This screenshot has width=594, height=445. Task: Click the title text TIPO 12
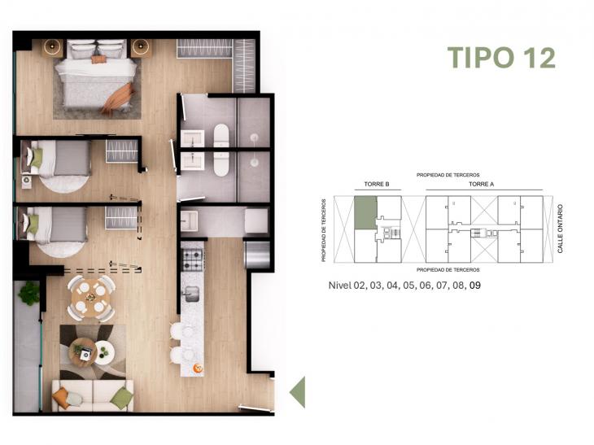pos(501,58)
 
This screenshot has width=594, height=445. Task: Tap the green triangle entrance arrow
pos(297,391)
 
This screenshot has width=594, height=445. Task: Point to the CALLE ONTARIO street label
pos(561,229)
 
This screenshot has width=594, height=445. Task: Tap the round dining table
pos(90,296)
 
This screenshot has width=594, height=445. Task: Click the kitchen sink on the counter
pos(192,293)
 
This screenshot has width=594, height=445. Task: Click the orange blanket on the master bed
pos(119,98)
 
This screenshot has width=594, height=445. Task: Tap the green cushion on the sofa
pos(121,397)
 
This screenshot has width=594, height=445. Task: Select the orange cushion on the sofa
pos(61,396)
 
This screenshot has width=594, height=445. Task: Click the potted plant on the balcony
pos(29,293)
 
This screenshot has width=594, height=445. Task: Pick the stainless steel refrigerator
pos(257,254)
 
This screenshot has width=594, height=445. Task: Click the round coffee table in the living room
pos(103,352)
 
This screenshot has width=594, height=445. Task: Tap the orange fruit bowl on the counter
pos(197,369)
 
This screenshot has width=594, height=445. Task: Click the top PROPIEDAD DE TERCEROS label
pos(448,175)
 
